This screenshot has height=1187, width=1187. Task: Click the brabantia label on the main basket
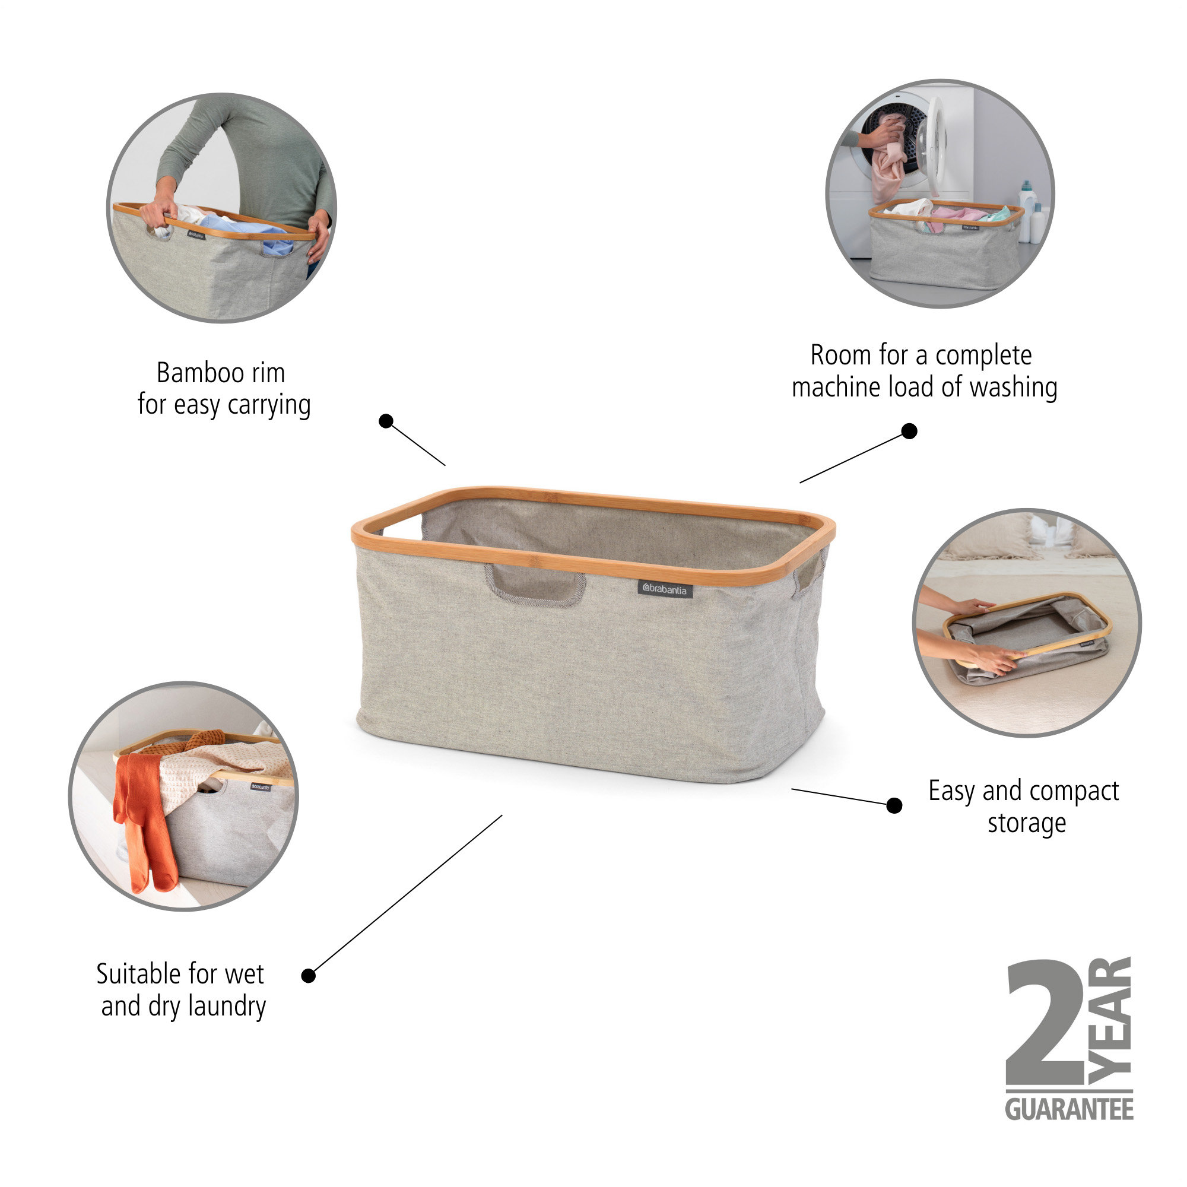point(665,589)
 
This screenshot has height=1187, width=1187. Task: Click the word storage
point(1027,823)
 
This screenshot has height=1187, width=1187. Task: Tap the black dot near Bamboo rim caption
point(386,421)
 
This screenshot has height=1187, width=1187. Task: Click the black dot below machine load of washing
point(909,431)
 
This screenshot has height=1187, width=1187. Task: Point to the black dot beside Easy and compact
point(894,805)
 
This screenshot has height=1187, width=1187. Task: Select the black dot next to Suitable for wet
point(309,976)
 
